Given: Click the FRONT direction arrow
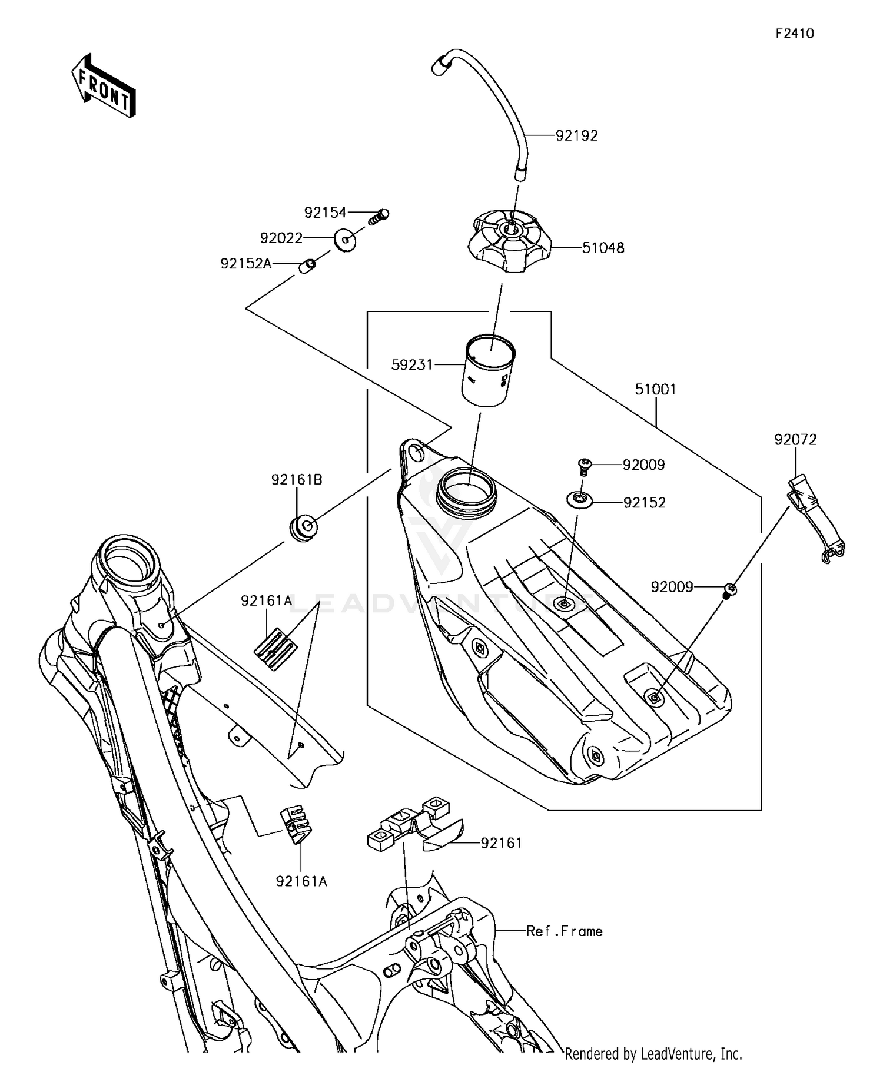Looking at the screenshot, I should pos(104,86).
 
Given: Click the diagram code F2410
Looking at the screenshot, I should pos(794,34).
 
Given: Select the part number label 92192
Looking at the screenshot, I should pos(576,135).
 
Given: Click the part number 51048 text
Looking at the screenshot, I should pos(603,248).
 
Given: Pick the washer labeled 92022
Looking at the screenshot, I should pos(345,240).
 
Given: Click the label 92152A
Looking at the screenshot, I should pos(245,264).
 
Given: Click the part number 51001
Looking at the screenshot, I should pos(655,389).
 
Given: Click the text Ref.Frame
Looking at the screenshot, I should pos(564,931).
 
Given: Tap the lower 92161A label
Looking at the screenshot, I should pos(301,881).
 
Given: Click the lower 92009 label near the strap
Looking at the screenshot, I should pos(671,587).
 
